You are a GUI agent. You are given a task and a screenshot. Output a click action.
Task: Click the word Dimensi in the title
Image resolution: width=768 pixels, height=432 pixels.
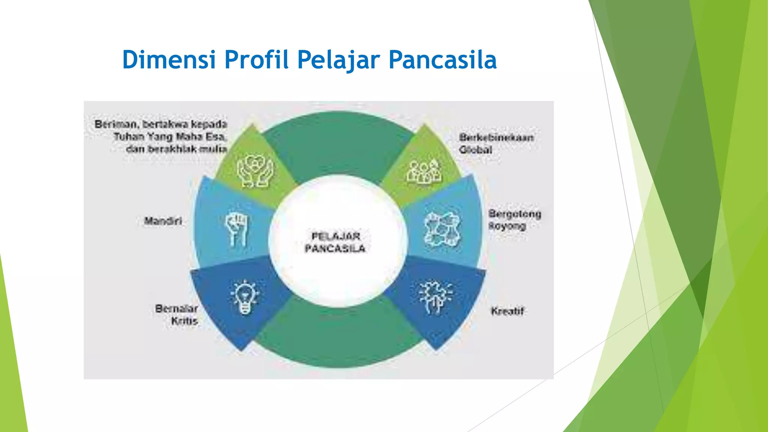pos(169,60)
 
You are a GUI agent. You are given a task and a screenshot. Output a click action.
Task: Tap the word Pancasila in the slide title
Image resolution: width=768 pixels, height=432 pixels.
pos(442,60)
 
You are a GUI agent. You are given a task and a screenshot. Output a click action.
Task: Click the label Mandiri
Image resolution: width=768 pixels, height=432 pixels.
pos(163,221)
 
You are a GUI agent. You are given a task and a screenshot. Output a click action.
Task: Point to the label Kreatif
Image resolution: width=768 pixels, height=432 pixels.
pos(507,311)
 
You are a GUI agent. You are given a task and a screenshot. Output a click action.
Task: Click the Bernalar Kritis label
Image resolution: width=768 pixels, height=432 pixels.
pos(177,315)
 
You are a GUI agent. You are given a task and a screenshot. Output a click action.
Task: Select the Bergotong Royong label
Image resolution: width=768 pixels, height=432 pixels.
pos(514,220)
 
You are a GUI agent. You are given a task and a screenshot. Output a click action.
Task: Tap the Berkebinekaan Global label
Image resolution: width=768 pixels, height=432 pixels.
pos(496,143)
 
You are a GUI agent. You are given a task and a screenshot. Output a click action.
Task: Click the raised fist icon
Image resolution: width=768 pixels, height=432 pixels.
pos(236,229)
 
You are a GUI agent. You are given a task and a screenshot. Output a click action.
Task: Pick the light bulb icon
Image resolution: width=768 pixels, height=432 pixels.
pos(245,297)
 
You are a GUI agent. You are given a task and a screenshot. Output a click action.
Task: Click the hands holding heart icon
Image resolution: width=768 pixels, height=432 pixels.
pos(255,171)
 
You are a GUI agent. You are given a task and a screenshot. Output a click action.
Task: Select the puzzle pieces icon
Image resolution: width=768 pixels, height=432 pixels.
pos(442,229)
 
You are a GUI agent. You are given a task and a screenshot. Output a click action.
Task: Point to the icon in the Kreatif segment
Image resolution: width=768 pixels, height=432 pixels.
pos(435,297)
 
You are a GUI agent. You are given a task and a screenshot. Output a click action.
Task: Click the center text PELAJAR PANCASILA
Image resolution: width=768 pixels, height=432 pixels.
pos(335,242)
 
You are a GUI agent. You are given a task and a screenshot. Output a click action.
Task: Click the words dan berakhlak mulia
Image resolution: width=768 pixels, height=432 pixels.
pos(176,149)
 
